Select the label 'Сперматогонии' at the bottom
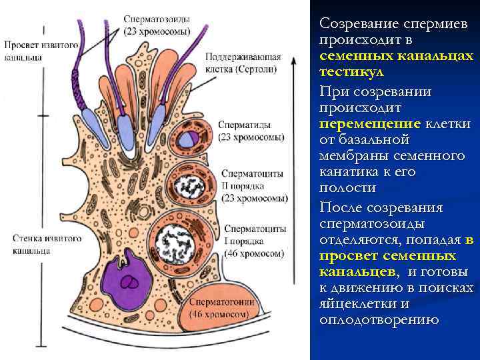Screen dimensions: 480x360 tap(222, 301)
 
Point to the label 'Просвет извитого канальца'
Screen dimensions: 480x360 tap(41, 51)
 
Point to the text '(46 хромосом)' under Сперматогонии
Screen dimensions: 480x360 tap(223, 313)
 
